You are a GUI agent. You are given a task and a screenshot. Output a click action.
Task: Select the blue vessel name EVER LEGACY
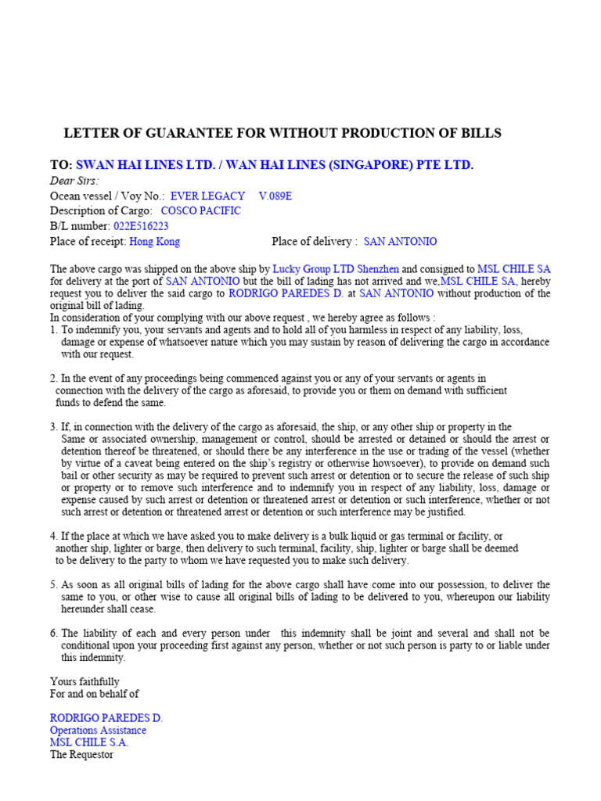click(x=207, y=196)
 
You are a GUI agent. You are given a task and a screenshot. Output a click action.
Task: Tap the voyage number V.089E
click(x=275, y=196)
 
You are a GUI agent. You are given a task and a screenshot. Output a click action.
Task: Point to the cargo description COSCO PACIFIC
click(x=201, y=211)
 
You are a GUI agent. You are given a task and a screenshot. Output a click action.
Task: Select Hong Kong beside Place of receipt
click(x=154, y=242)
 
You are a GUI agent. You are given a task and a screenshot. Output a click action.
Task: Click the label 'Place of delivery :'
click(x=315, y=242)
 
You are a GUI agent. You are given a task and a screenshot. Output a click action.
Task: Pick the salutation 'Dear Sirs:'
click(x=74, y=181)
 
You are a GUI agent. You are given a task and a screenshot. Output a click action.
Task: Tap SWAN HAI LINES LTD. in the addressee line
click(x=144, y=164)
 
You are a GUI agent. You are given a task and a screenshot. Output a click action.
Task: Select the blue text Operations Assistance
click(x=98, y=730)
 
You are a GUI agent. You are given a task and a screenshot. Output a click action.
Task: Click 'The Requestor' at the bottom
click(x=81, y=755)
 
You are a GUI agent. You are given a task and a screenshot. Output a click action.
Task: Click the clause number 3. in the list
click(x=54, y=427)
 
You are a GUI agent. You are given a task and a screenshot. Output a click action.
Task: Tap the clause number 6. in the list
click(x=54, y=633)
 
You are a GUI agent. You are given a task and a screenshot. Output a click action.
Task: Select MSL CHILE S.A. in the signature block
click(x=89, y=742)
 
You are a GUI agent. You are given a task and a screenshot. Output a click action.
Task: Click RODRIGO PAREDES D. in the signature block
click(x=106, y=718)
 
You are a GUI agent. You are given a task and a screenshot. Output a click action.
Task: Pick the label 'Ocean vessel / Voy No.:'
click(x=107, y=196)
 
